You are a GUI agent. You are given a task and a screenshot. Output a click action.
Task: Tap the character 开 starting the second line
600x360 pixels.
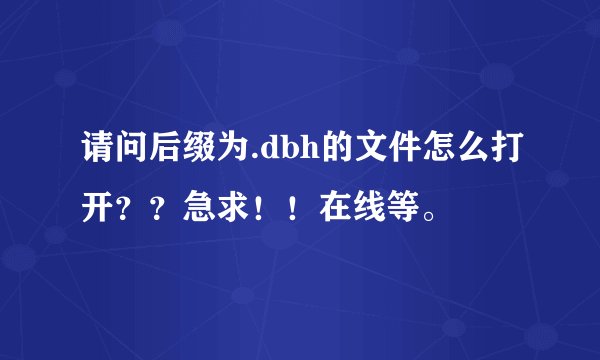(98, 210)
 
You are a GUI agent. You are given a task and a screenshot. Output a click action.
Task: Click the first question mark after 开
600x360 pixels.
(130, 210)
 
